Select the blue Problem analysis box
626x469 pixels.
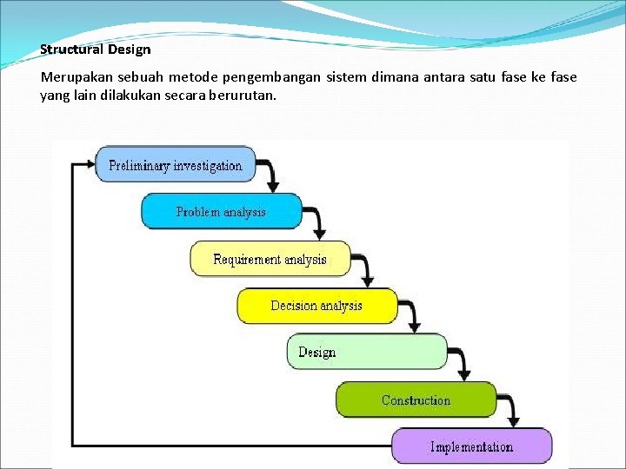(221, 211)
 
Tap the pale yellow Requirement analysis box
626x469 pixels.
(270, 259)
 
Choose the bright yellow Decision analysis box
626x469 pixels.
(316, 306)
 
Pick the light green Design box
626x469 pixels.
(366, 352)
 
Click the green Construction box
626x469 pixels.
(416, 400)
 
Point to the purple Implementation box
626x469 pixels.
(471, 446)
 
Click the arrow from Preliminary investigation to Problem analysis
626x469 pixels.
(272, 175)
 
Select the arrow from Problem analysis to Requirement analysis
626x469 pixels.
(318, 222)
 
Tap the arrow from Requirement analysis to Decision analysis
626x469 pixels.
(366, 270)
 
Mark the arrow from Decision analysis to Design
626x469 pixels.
(414, 317)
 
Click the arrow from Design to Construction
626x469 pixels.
(463, 364)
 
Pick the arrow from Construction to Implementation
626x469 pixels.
(513, 411)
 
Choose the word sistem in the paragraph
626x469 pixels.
(346, 77)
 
